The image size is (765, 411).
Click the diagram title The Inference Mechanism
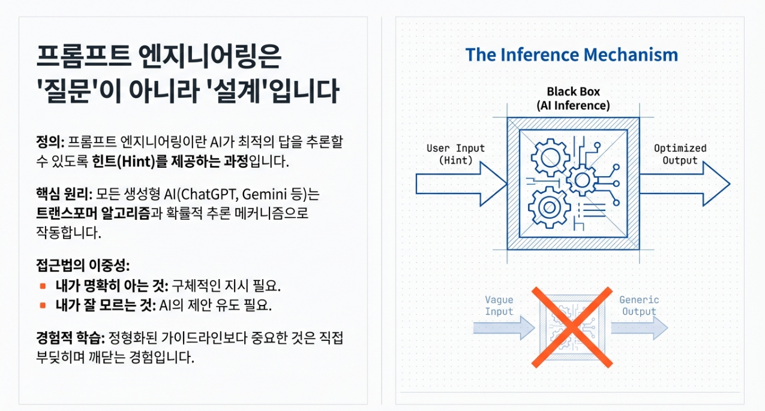click(571, 55)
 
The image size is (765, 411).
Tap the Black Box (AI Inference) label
click(573, 99)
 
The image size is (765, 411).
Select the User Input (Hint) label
click(455, 154)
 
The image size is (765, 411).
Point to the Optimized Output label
click(680, 154)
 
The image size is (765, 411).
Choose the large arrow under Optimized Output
click(684, 184)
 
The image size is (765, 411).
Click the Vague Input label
click(499, 306)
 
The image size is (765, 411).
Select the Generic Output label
click(639, 306)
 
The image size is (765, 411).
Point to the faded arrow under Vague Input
click(503, 328)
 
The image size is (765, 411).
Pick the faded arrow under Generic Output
click(639, 328)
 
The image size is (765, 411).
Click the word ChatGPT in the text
click(206, 195)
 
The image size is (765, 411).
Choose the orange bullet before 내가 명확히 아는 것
click(43, 285)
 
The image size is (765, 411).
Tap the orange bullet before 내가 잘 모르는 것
click(43, 305)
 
